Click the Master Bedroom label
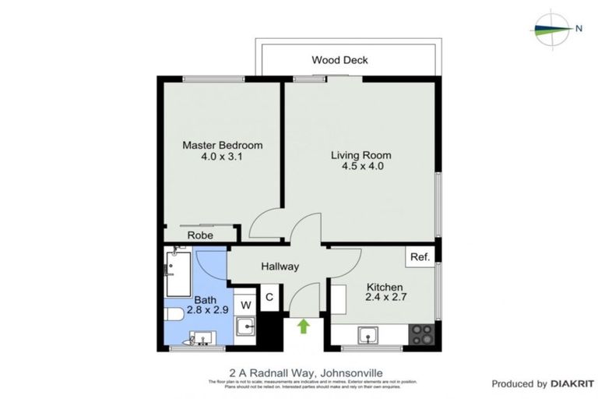[222, 145]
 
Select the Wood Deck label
[339, 60]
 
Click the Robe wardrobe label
[201, 235]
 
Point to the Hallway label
[280, 267]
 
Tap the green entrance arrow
[304, 325]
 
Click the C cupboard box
[269, 297]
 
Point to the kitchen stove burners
[421, 334]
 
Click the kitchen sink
[368, 336]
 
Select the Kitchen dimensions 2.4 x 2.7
[386, 297]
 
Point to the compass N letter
[579, 29]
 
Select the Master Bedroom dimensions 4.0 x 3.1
[222, 157]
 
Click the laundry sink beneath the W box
[246, 327]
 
